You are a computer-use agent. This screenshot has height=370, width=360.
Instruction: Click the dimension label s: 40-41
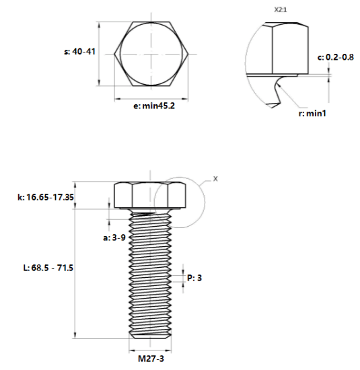79,51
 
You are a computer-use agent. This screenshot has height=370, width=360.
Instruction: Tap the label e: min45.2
154,106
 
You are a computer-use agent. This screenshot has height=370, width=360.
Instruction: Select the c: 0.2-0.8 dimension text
336,57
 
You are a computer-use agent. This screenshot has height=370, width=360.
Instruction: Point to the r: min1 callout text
312,114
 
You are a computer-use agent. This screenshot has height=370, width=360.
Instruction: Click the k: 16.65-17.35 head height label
46,197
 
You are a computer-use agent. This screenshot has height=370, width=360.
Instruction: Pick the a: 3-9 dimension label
114,237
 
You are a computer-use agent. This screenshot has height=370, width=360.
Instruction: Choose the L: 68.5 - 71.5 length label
48,268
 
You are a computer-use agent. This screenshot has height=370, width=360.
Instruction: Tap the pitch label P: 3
194,278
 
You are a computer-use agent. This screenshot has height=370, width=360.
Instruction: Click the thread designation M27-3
151,359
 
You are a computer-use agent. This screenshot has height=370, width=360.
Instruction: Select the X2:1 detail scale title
281,9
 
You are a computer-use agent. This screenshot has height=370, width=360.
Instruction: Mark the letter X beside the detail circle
215,179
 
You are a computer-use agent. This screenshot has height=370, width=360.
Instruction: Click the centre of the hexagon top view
151,54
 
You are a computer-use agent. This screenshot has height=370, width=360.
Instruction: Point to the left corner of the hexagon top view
114,54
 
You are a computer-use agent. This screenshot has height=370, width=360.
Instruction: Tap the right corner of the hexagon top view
188,54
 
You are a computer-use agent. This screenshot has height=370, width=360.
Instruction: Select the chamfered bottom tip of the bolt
150,336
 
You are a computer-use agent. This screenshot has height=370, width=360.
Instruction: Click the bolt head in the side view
150,195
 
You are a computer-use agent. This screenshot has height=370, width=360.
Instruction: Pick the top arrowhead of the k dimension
75,185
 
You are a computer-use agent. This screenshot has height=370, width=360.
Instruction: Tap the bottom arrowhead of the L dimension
75,335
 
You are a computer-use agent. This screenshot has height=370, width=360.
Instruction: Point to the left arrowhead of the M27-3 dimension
132,351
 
